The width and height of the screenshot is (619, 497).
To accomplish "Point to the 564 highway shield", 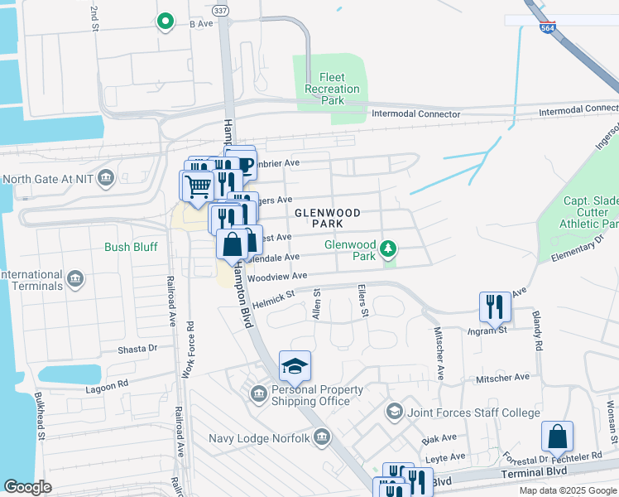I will (x=547, y=27).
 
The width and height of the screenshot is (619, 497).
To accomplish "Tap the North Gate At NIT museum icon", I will (x=106, y=177).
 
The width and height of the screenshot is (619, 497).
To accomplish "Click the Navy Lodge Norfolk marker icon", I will (x=322, y=437).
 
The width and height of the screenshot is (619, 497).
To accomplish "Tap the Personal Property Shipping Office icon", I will (x=258, y=395).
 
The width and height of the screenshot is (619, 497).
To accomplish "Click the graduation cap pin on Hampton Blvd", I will (x=295, y=365).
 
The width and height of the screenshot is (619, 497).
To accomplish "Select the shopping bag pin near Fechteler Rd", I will (x=558, y=436).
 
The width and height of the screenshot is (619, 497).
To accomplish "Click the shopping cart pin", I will (x=197, y=186).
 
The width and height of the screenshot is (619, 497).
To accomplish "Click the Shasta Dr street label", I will (x=137, y=349).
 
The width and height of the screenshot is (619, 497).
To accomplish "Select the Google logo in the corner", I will (x=28, y=487).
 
